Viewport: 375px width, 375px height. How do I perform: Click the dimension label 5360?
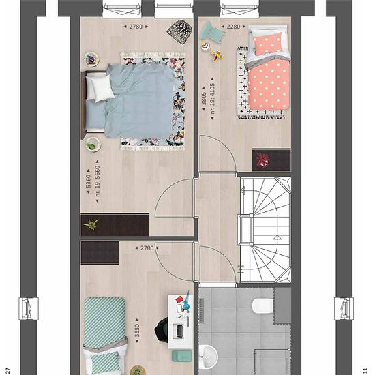click(x=88, y=181)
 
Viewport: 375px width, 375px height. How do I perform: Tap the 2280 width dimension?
click(x=233, y=27)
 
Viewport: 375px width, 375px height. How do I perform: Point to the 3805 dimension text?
click(x=204, y=99)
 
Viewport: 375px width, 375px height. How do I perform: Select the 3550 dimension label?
click(x=137, y=330)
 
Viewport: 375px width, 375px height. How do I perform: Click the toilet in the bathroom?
click(x=262, y=306)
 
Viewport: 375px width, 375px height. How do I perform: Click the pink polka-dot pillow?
click(x=267, y=43)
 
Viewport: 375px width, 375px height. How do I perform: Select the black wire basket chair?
click(x=179, y=31)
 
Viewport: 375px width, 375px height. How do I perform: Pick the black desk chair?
click(x=161, y=330)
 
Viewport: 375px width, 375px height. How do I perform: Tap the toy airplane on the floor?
click(x=217, y=57)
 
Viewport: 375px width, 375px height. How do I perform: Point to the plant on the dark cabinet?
click(x=91, y=224)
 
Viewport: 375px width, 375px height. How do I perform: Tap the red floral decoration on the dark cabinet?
click(x=262, y=160)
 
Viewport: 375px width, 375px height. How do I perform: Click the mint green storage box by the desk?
click(x=182, y=357)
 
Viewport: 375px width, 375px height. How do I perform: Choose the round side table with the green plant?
click(x=93, y=145)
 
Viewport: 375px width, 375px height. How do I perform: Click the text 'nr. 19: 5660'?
click(x=97, y=181)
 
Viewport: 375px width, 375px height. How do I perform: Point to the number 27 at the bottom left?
click(x=7, y=370)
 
